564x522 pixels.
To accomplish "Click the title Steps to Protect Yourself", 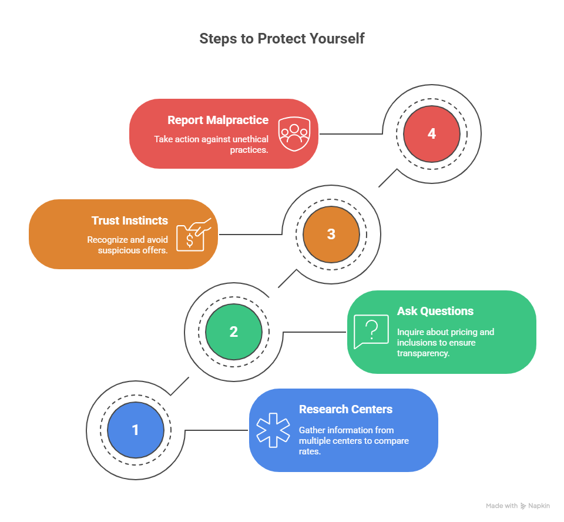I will click(282, 39).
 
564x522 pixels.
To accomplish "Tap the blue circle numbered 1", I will click(136, 430).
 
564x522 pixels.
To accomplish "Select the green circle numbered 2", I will click(234, 332).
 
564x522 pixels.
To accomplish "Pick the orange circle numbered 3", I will click(331, 234).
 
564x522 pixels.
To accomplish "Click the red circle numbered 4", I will click(432, 134).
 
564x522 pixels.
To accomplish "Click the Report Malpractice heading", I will click(218, 120).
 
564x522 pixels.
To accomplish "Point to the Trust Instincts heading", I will click(130, 220).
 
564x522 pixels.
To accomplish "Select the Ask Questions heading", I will click(435, 311).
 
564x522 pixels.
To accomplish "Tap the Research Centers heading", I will click(345, 409).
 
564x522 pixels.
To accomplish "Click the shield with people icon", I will click(293, 134).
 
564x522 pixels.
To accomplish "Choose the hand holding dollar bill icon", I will click(193, 235).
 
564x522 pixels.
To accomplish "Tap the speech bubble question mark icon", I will click(371, 332).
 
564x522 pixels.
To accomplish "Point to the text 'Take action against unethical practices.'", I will click(211, 144).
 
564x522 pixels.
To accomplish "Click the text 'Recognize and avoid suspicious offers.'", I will click(127, 245).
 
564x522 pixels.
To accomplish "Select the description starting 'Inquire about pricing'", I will click(445, 342).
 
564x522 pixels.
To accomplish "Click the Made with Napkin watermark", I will click(518, 506).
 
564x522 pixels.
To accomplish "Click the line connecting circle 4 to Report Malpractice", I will click(351, 134).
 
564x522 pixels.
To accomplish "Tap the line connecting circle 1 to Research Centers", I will click(216, 430).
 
